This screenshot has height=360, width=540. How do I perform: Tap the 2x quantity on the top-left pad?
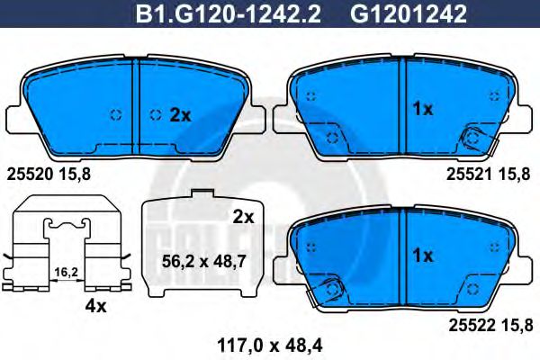point(180,114)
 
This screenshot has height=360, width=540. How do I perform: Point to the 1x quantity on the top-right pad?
point(422,109)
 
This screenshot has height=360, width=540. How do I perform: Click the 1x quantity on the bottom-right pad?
point(422,255)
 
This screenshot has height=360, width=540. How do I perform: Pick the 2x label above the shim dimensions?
point(243,216)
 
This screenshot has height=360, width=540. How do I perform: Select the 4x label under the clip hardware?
point(94,306)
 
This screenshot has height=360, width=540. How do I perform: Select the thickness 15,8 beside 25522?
point(517,323)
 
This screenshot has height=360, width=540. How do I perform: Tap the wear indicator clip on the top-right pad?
point(473,137)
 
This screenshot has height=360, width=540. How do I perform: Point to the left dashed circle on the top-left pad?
point(114,114)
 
